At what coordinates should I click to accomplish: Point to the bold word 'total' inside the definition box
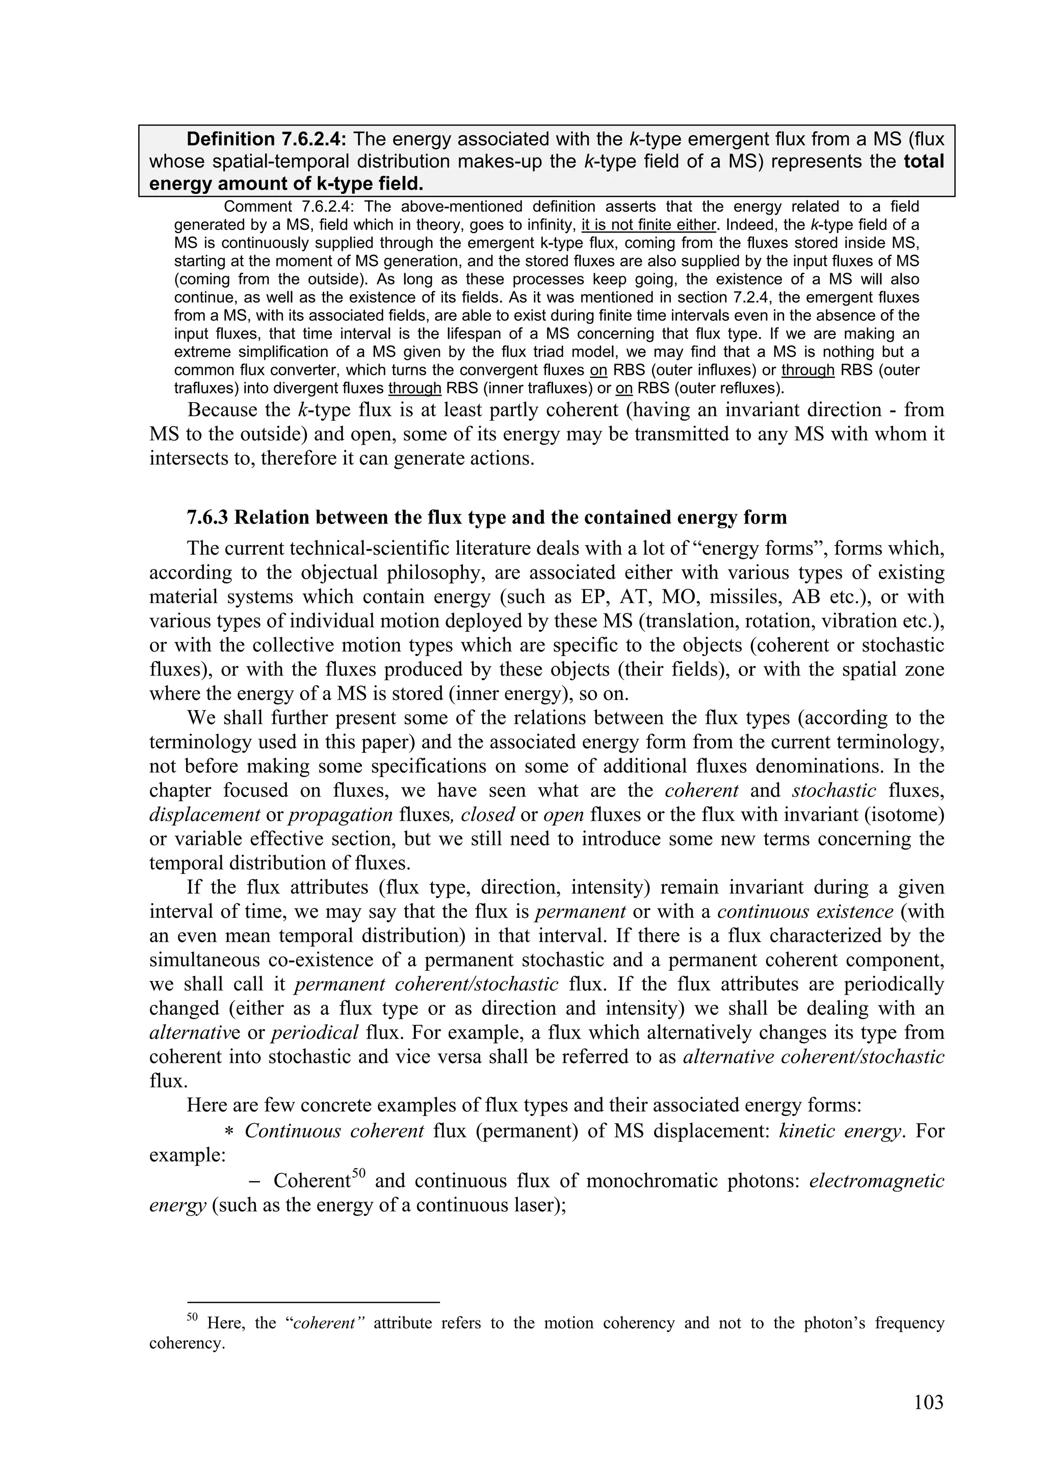pyautogui.click(x=924, y=162)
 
